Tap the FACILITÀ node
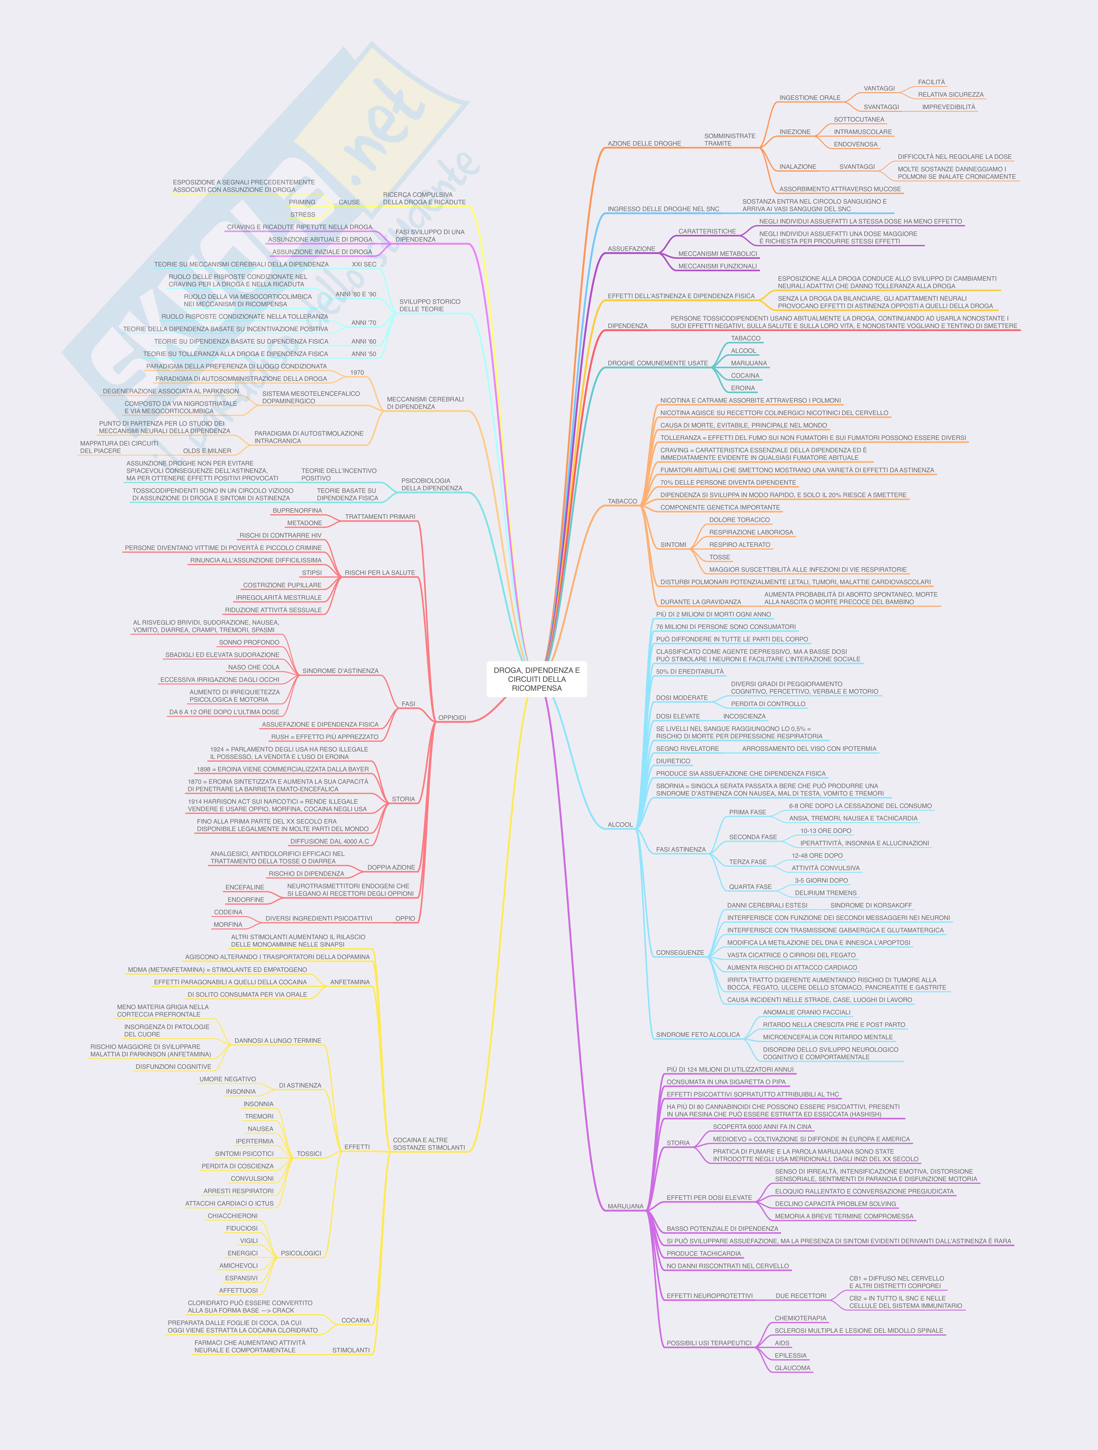pos(931,82)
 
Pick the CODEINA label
pos(228,912)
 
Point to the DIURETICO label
pos(673,761)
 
